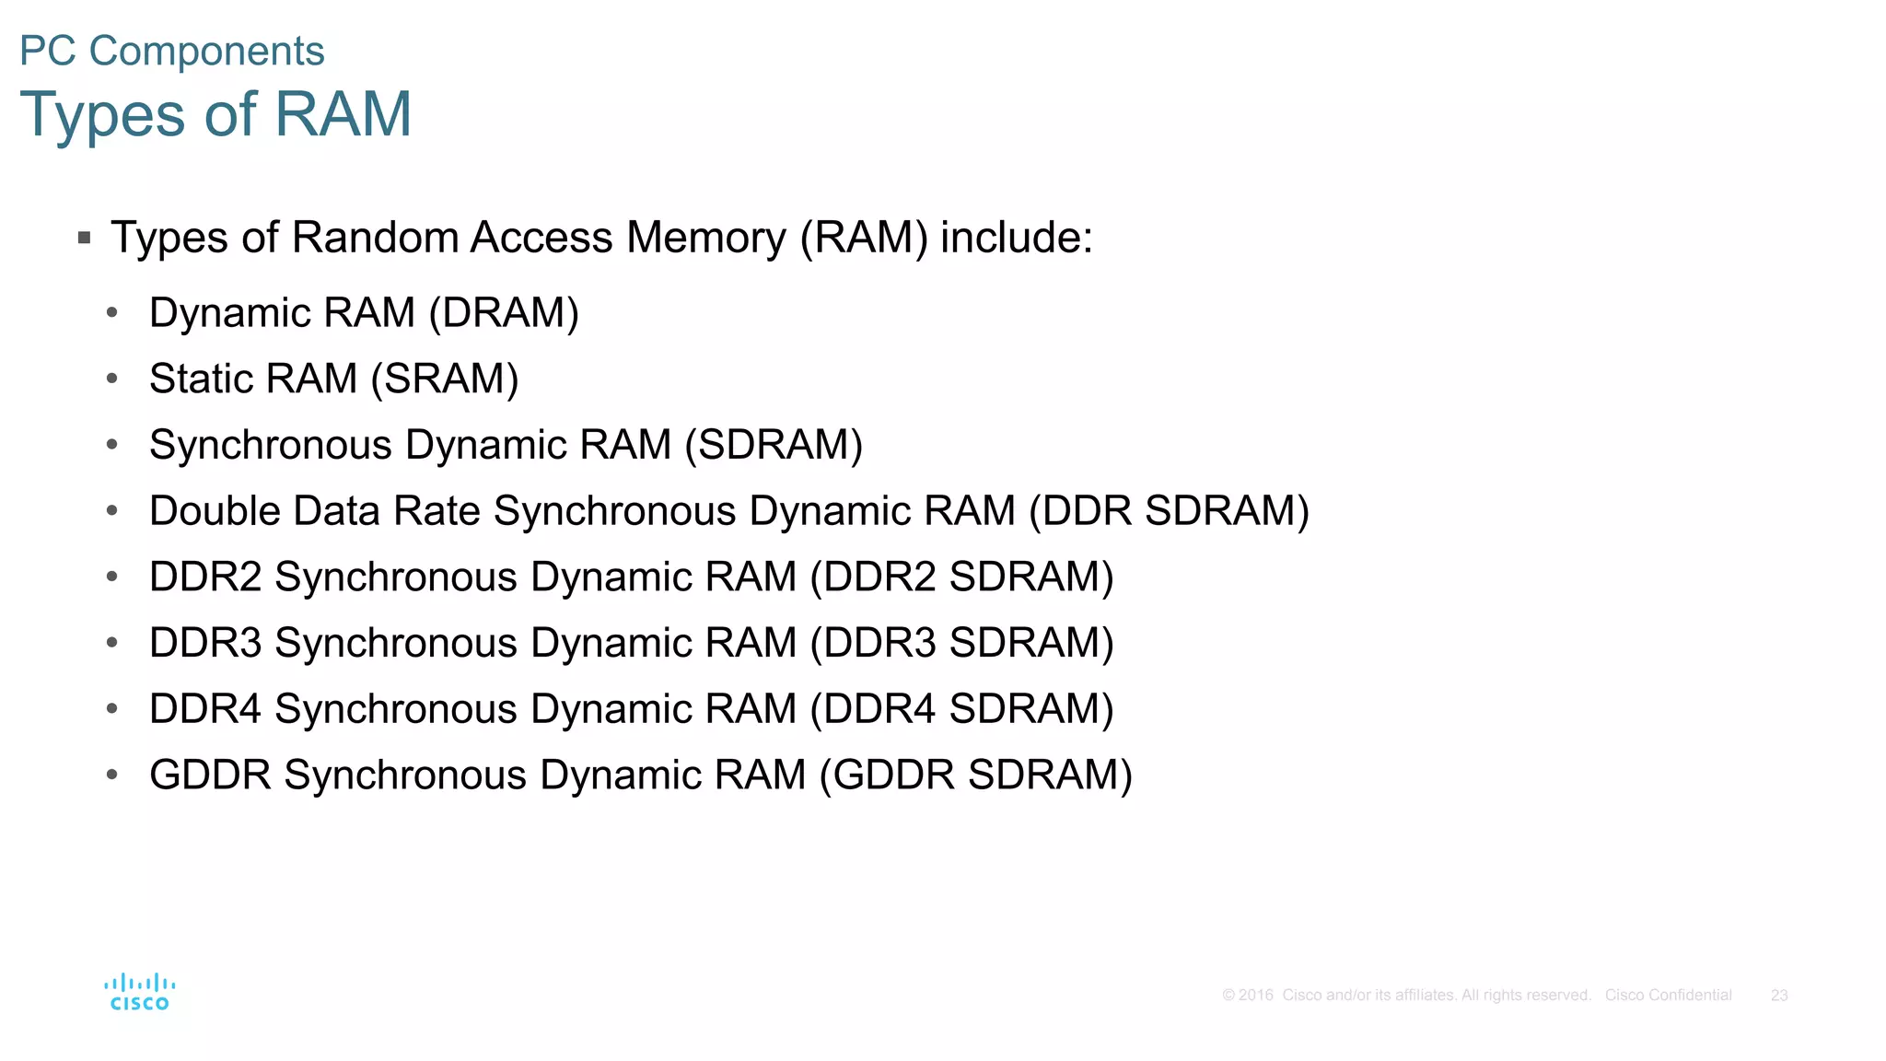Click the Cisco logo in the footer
[140, 993]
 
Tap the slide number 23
[1778, 996]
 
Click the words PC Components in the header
[172, 52]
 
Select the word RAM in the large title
[343, 114]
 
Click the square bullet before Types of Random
[85, 238]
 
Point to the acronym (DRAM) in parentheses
[504, 313]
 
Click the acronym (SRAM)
[445, 379]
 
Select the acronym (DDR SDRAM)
[1169, 511]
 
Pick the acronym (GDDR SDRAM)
[975, 775]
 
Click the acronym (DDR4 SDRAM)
[961, 709]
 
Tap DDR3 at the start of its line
[205, 643]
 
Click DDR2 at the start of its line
[205, 577]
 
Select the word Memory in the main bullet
[706, 238]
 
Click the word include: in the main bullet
[1016, 238]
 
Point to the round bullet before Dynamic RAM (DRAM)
[112, 313]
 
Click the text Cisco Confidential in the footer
[1668, 996]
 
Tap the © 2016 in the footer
[1247, 996]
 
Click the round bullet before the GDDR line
[112, 775]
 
